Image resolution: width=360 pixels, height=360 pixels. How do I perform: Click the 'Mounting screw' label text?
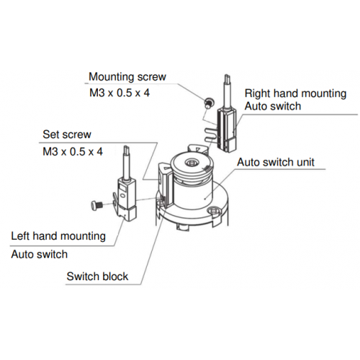coord(127,77)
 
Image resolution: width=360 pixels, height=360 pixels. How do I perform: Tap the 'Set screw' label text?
coord(67,135)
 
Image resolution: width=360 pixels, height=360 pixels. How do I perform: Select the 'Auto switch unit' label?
coord(276,162)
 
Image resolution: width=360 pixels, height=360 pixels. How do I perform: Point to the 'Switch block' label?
coord(97,276)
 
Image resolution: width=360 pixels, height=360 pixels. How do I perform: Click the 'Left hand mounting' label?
coord(58,236)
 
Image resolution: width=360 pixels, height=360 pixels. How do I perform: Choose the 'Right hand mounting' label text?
coord(295,94)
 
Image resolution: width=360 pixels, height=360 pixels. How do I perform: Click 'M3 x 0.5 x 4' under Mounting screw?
coord(120,93)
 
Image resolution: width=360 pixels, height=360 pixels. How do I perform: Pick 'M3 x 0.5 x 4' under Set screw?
coord(73,152)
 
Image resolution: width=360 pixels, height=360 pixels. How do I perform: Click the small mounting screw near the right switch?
coord(207,103)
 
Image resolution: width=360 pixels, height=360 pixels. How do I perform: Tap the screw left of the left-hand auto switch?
coord(97,205)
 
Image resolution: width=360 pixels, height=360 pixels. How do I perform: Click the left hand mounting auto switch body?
coord(126,199)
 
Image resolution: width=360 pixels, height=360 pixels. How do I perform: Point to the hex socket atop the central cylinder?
coord(192,163)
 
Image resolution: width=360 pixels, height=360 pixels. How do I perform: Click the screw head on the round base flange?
coord(214,211)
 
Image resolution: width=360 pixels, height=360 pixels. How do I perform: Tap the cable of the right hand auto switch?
coord(228,91)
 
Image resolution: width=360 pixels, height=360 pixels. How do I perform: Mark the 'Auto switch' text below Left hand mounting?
coord(40,254)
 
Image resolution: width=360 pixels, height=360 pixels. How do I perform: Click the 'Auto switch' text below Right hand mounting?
coord(273,106)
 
